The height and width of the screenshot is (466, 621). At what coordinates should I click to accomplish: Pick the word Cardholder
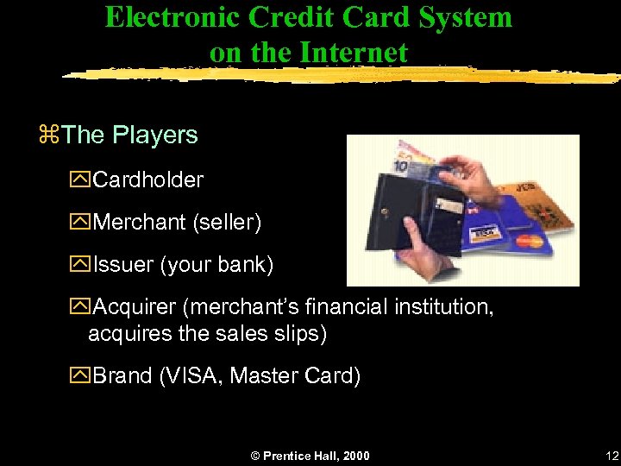click(x=148, y=180)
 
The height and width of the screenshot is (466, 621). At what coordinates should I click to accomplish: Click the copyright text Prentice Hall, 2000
click(x=317, y=456)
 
